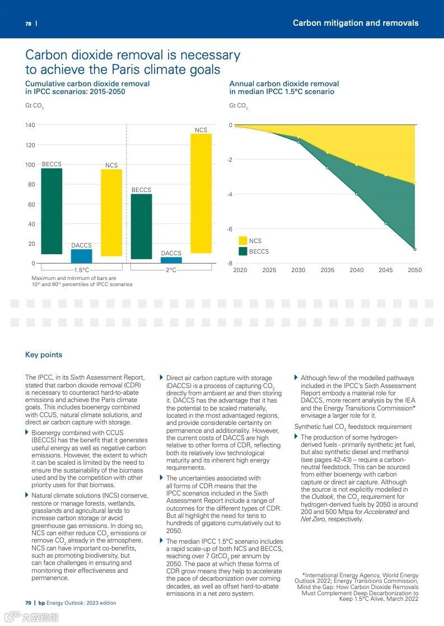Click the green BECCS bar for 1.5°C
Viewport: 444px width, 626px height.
[52, 211]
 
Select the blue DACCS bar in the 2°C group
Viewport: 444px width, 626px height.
[171, 260]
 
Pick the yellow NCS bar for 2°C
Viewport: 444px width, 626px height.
[201, 193]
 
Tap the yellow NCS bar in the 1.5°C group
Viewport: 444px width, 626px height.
[111, 212]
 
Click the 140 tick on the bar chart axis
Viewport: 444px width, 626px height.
[30, 125]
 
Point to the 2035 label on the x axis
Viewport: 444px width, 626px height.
[328, 270]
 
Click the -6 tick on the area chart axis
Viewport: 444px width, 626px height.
[230, 229]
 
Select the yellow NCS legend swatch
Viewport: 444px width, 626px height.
[243, 241]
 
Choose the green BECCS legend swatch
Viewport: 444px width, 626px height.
[243, 251]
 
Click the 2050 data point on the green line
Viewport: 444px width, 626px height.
[415, 249]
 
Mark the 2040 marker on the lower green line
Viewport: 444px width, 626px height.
[357, 194]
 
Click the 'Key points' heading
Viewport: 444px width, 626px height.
[44, 354]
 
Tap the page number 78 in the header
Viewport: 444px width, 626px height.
[28, 24]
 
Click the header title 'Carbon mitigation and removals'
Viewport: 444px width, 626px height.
[356, 23]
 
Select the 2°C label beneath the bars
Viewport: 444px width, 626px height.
[171, 270]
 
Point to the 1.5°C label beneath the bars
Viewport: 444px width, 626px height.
[82, 270]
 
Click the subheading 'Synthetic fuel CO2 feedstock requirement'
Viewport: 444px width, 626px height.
[353, 427]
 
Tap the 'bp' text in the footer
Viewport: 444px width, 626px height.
[41, 602]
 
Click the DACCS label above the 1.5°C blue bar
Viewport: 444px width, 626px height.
[81, 245]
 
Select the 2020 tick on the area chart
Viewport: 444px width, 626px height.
[240, 270]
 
